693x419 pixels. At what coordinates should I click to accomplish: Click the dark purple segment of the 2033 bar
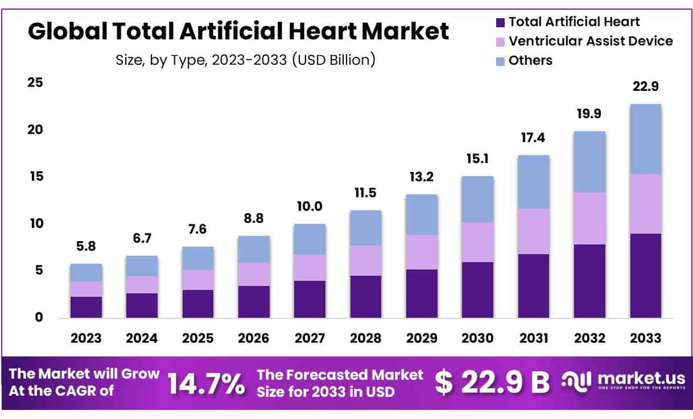(x=645, y=275)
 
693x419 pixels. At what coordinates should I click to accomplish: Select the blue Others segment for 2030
(x=477, y=199)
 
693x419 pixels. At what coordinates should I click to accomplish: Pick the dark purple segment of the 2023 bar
(x=86, y=307)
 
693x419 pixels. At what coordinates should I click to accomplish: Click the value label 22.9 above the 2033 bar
(x=645, y=87)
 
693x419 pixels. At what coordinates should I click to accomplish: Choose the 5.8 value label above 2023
(x=86, y=247)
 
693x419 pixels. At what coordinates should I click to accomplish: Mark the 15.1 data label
(x=477, y=159)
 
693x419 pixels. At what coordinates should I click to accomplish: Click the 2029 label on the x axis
(x=422, y=338)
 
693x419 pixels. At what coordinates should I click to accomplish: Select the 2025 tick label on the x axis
(x=197, y=338)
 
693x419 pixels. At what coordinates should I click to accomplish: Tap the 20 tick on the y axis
(x=35, y=130)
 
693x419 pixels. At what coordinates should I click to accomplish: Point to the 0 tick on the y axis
(x=39, y=317)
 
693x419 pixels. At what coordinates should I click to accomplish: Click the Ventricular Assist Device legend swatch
(x=500, y=42)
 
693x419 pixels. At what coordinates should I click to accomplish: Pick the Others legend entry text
(x=530, y=60)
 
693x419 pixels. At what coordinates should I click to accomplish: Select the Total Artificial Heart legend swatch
(x=500, y=23)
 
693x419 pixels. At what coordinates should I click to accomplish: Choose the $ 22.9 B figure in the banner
(x=493, y=383)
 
